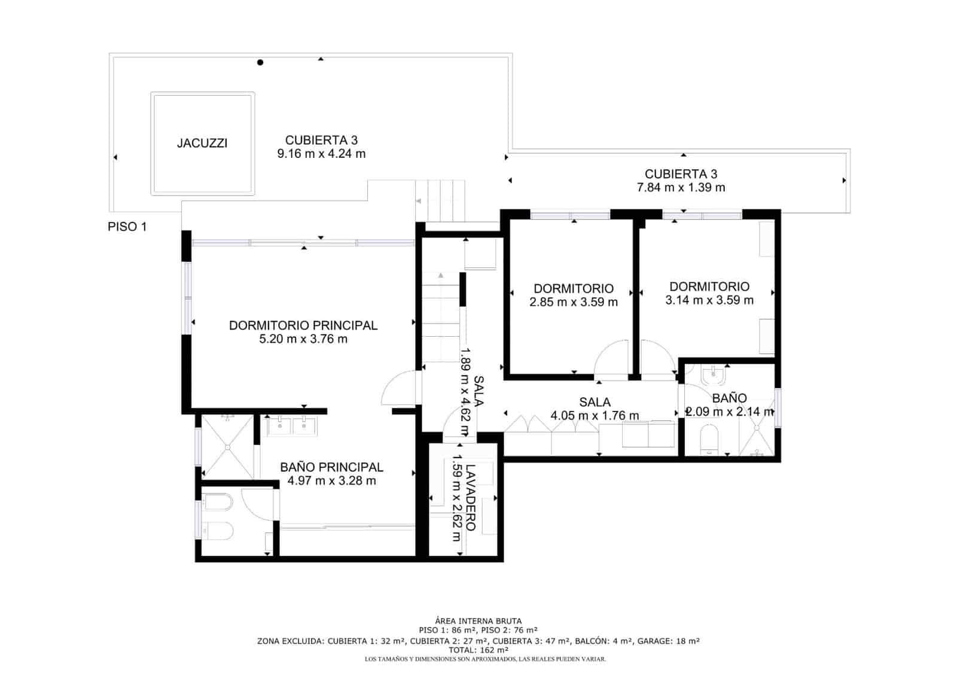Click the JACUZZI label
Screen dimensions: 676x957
tap(202, 144)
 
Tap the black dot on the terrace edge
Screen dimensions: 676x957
tap(260, 62)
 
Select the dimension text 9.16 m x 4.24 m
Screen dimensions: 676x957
tap(321, 154)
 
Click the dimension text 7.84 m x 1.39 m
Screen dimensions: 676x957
tap(681, 187)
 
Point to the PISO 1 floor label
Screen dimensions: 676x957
tap(127, 227)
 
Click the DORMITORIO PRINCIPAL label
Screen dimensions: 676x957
tap(303, 325)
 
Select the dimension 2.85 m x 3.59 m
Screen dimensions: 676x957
tap(573, 302)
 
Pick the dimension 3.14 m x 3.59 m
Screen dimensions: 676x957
tap(709, 300)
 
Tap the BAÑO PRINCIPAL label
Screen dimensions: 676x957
tap(331, 467)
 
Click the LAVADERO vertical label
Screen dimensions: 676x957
tap(471, 497)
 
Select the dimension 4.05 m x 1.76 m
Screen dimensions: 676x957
tap(594, 415)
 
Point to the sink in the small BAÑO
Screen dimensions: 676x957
tap(713, 375)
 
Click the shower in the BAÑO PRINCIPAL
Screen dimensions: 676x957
tap(227, 446)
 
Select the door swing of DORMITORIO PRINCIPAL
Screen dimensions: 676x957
tap(398, 388)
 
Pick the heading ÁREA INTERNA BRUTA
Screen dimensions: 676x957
tap(478, 622)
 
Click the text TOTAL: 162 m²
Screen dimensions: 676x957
tap(478, 650)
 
